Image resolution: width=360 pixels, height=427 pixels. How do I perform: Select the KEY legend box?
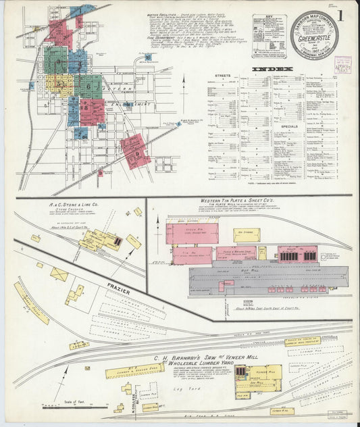point(268,36)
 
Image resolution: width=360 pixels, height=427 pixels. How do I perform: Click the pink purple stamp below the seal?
point(342,65)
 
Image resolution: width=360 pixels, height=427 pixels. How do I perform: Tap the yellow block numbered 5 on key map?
point(59,84)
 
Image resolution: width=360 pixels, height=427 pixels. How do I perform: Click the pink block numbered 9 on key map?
point(134,152)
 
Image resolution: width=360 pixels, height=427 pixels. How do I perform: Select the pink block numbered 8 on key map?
point(91,111)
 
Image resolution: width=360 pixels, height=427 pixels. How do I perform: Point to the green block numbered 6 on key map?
point(88,86)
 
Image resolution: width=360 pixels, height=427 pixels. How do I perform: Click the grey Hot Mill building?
point(267,277)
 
